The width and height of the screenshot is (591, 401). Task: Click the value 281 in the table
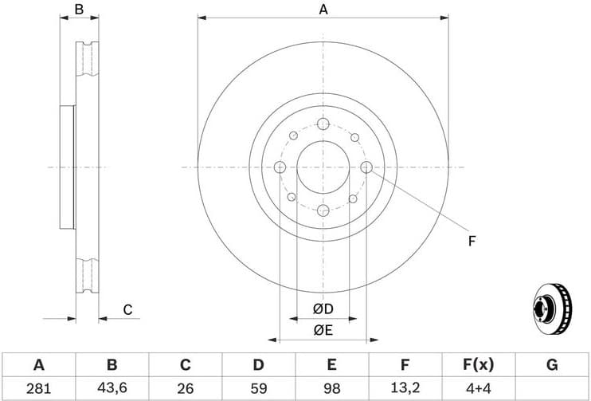click(x=38, y=388)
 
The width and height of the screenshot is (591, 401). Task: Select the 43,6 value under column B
click(x=112, y=388)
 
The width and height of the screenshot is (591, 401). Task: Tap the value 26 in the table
click(x=185, y=388)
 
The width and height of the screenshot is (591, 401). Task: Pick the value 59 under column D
click(x=258, y=388)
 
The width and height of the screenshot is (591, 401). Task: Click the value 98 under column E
click(x=331, y=388)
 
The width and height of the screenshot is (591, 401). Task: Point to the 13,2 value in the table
click(x=405, y=388)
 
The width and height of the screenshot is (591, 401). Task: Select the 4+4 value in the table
click(x=478, y=388)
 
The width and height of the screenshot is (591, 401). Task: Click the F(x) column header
click(x=478, y=365)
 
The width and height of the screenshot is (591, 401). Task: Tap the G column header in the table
click(x=551, y=365)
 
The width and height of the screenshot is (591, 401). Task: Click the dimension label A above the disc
click(x=323, y=10)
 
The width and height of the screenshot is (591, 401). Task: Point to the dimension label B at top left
click(x=79, y=10)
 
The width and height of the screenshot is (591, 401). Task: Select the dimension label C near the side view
click(x=127, y=310)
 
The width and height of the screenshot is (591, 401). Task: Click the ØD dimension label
click(x=323, y=309)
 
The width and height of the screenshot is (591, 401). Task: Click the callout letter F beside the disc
click(x=472, y=240)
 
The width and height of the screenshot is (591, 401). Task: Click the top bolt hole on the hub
click(x=323, y=124)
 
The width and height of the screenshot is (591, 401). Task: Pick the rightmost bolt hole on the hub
click(x=366, y=167)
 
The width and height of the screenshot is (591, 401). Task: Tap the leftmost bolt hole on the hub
click(x=280, y=167)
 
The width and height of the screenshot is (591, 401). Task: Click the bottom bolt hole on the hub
click(x=323, y=210)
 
